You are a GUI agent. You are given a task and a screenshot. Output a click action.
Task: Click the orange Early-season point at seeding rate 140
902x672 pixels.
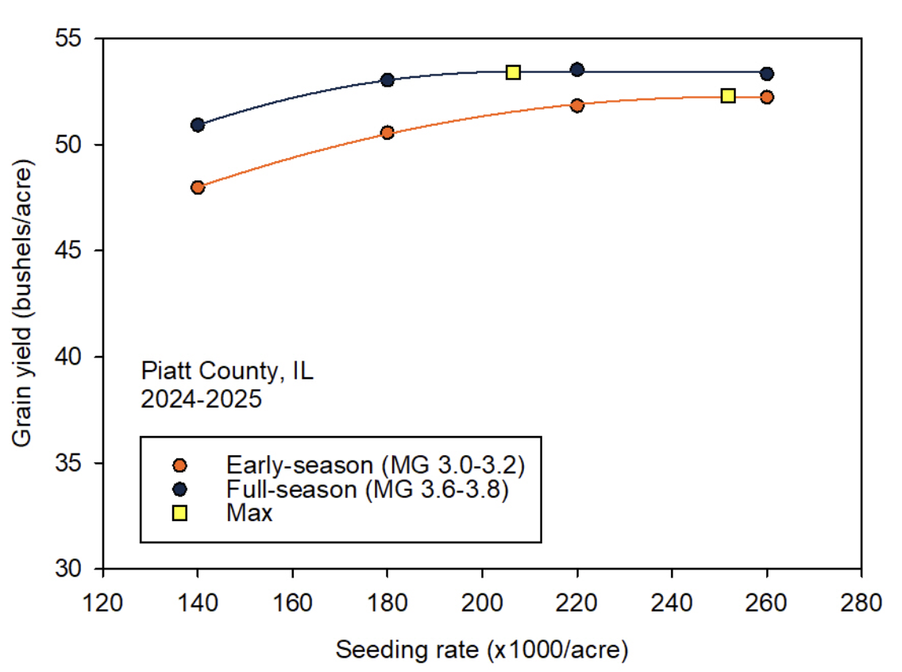198,187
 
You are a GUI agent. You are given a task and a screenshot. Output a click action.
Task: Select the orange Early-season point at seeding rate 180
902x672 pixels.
387,133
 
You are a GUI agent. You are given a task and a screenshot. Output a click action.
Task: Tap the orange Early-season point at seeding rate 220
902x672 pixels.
577,105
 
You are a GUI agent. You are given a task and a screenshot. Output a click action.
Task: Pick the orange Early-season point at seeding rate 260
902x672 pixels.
767,97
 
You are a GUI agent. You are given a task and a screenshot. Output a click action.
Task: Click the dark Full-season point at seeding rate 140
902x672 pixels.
198,125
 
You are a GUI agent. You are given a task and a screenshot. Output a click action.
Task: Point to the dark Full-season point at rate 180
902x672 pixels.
387,79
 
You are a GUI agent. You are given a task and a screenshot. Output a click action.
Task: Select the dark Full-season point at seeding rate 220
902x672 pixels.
577,70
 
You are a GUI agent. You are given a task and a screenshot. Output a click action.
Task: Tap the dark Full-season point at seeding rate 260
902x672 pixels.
767,73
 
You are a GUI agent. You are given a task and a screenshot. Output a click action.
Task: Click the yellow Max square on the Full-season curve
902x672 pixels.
513,72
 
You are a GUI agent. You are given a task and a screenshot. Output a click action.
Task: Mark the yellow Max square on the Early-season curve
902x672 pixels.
728,96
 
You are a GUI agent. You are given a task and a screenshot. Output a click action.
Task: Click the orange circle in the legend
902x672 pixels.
180,465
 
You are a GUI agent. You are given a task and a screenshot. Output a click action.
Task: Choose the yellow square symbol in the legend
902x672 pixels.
180,513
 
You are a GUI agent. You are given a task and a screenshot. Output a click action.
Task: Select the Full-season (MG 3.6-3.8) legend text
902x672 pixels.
367,489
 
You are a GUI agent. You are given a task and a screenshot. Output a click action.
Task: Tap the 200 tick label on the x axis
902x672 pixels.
482,601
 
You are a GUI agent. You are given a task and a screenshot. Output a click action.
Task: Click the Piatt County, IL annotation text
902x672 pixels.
227,371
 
